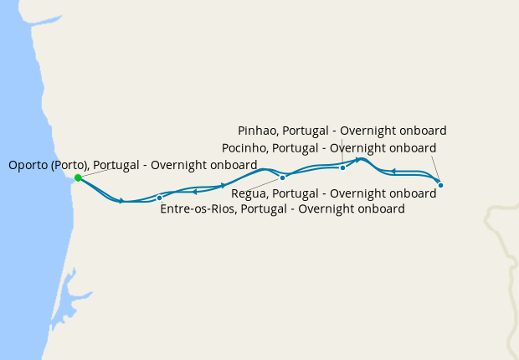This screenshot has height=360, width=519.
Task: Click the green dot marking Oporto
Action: [78, 177]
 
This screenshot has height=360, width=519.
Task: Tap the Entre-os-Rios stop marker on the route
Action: [159, 198]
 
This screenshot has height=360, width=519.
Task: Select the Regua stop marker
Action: [283, 177]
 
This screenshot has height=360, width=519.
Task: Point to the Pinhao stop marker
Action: [342, 167]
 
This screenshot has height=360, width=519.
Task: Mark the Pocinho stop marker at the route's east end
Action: [440, 185]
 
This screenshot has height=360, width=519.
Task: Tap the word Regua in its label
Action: [249, 193]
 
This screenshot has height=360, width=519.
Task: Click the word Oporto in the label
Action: [28, 165]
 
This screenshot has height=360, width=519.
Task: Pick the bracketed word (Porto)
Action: [69, 165]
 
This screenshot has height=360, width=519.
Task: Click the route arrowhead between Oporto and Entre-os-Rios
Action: [122, 201]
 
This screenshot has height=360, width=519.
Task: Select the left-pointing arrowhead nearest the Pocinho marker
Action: [393, 172]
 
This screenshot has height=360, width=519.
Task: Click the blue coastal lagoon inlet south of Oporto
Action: [67, 285]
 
